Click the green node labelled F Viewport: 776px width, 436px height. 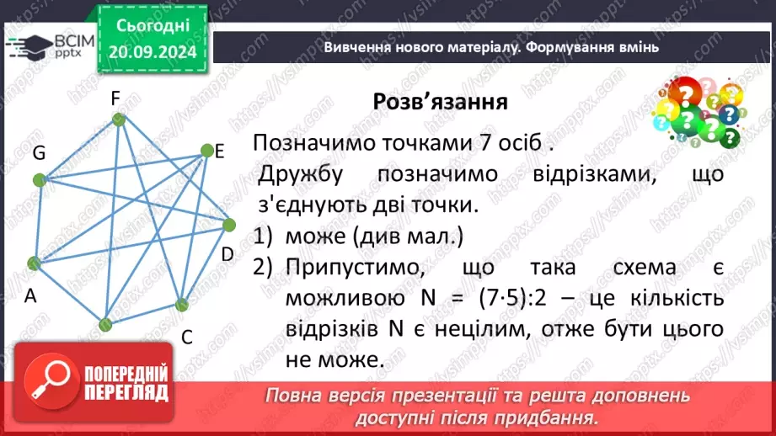click(119, 120)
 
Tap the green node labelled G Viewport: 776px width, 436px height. click(38, 179)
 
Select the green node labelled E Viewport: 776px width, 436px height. click(206, 151)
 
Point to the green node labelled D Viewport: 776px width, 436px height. click(229, 225)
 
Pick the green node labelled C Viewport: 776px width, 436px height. click(179, 305)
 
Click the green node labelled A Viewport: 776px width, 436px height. click(34, 263)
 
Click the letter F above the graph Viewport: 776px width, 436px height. click(116, 98)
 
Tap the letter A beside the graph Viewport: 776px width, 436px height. click(30, 295)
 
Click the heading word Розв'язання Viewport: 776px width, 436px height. click(440, 102)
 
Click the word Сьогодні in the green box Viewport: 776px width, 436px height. click(153, 25)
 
